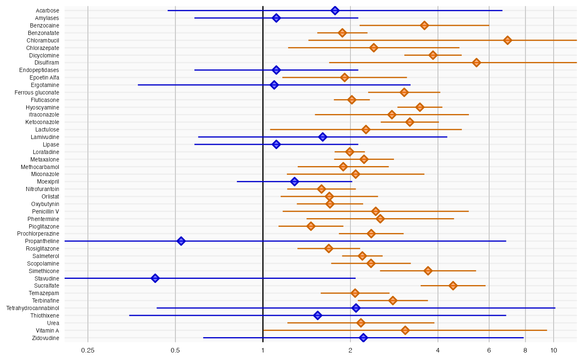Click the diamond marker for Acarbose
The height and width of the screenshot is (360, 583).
[x=335, y=10]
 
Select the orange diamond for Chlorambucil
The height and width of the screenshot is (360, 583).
[x=507, y=40]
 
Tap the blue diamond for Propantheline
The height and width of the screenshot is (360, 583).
[x=181, y=241]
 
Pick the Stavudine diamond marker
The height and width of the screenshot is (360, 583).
[x=155, y=278]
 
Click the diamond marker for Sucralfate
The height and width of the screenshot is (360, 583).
[x=453, y=286]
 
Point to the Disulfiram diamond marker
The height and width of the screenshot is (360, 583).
[x=476, y=62]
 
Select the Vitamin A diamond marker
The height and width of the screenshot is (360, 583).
[x=405, y=330]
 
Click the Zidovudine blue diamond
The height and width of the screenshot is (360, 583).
[x=363, y=338]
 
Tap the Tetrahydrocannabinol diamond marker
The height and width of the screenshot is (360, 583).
[x=356, y=308]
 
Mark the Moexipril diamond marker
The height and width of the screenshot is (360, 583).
[x=294, y=181]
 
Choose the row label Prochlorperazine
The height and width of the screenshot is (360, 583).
[x=38, y=234]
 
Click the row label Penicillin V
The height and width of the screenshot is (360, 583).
[x=45, y=211]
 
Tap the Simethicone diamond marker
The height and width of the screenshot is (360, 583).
[x=428, y=271]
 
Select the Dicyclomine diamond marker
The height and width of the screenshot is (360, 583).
[x=433, y=55]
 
